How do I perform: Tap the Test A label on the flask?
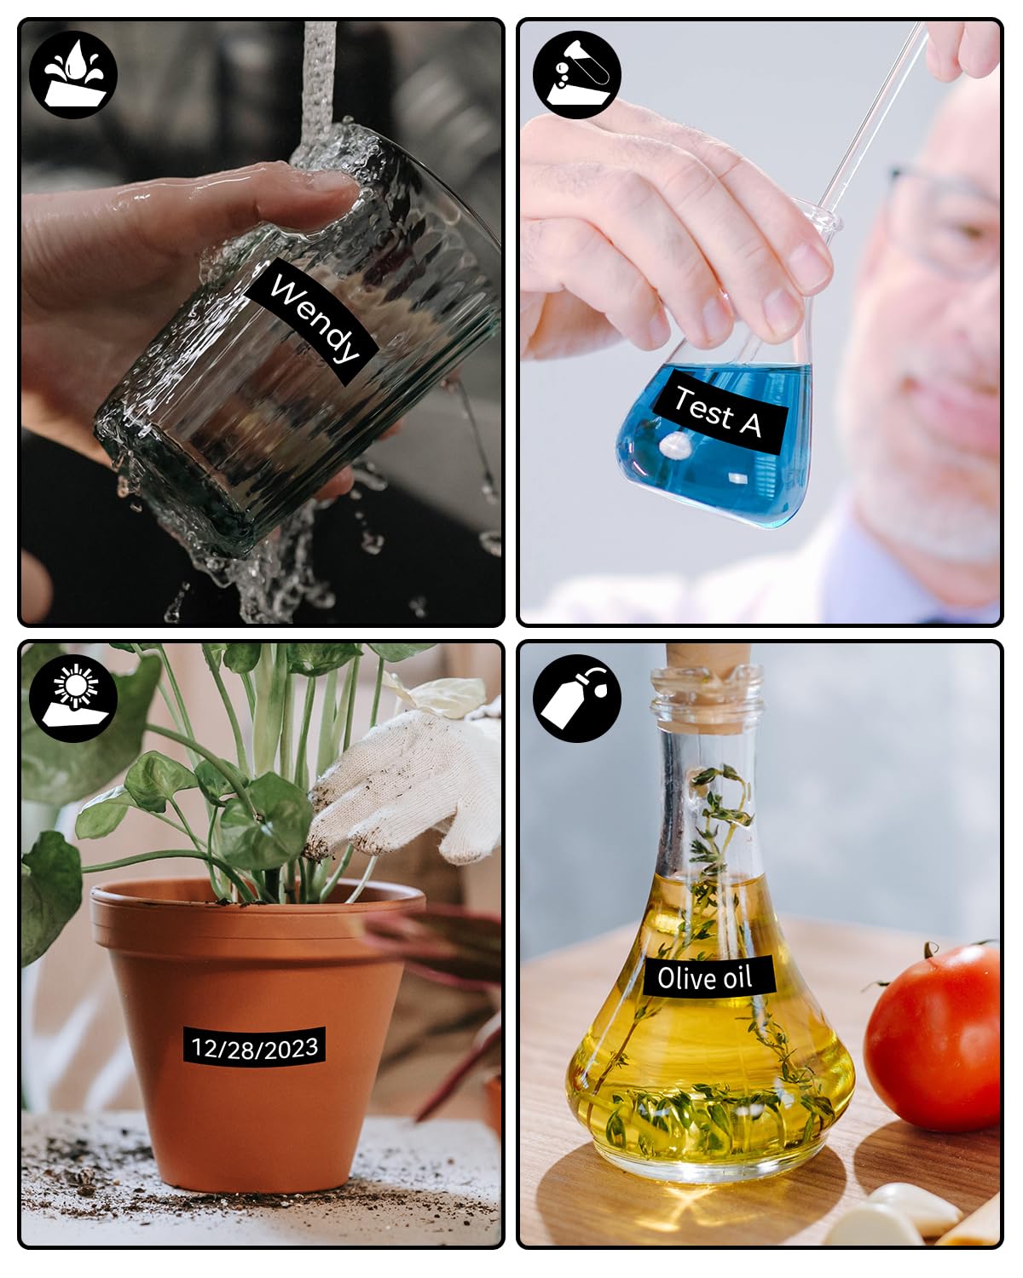click(x=720, y=411)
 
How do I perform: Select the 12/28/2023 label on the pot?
click(x=254, y=1047)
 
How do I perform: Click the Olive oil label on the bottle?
click(x=708, y=977)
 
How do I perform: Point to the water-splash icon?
click(x=73, y=75)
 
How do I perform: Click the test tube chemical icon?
click(x=576, y=75)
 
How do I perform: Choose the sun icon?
click(x=73, y=699)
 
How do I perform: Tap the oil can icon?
click(x=576, y=699)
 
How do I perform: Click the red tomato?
click(x=932, y=1038)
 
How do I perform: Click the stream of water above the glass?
click(x=319, y=83)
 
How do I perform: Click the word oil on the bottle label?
click(x=737, y=976)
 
